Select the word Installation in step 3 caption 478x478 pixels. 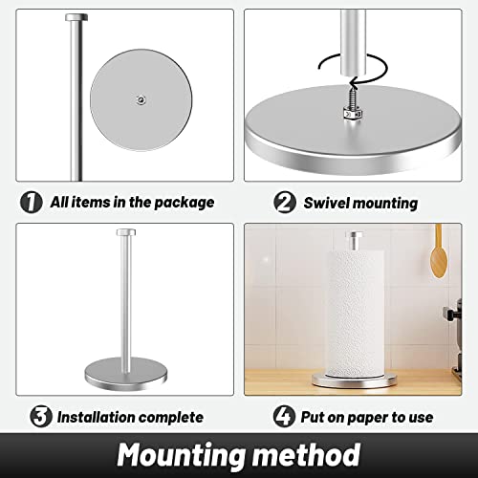pyautogui.click(x=101, y=417)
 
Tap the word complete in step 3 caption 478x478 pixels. pyautogui.click(x=175, y=417)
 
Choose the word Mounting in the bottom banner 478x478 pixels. pyautogui.click(x=175, y=454)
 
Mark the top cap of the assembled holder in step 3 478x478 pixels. pyautogui.click(x=126, y=232)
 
